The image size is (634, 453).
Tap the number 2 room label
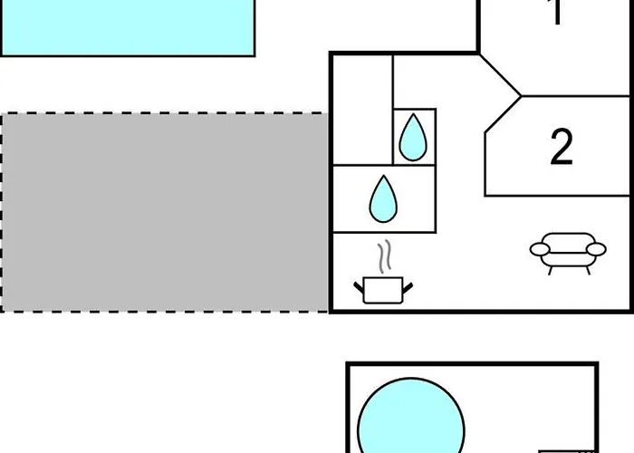[562, 147]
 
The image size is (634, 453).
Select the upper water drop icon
[413, 138]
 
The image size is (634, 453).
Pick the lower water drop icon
[382, 199]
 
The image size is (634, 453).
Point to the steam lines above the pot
[386, 256]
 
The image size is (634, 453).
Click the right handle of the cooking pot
[408, 286]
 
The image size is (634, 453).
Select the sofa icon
[567, 251]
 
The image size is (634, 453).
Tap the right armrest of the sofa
[596, 247]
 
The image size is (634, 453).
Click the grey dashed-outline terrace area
[163, 212]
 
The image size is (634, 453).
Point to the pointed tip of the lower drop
[382, 177]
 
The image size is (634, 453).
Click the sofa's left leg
[549, 268]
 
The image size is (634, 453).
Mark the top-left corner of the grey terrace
[3, 115]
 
